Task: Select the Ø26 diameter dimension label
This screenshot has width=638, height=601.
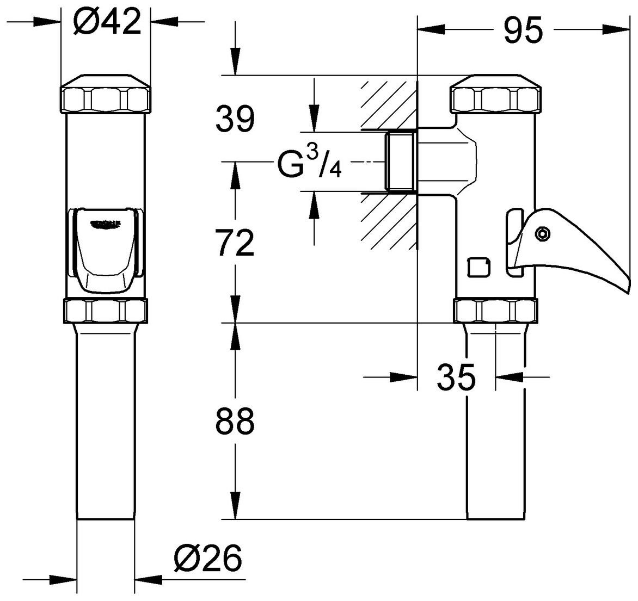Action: tap(207, 559)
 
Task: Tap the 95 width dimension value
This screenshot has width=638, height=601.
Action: tap(523, 30)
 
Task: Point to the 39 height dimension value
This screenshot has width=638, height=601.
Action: tap(235, 119)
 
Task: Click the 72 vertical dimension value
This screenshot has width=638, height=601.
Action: tap(235, 243)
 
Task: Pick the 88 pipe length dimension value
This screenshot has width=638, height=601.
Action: tap(235, 420)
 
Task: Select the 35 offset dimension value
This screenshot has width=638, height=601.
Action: tap(456, 377)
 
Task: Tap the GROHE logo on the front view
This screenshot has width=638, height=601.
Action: tap(105, 224)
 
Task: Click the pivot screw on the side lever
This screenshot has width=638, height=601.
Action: tap(542, 234)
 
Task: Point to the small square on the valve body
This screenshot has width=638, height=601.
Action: tap(478, 267)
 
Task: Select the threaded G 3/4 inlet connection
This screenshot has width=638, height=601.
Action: tap(401, 162)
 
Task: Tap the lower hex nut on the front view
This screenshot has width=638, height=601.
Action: tap(106, 312)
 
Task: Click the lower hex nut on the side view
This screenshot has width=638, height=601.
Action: tap(495, 312)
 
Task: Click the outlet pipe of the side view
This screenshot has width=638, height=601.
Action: tap(495, 424)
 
